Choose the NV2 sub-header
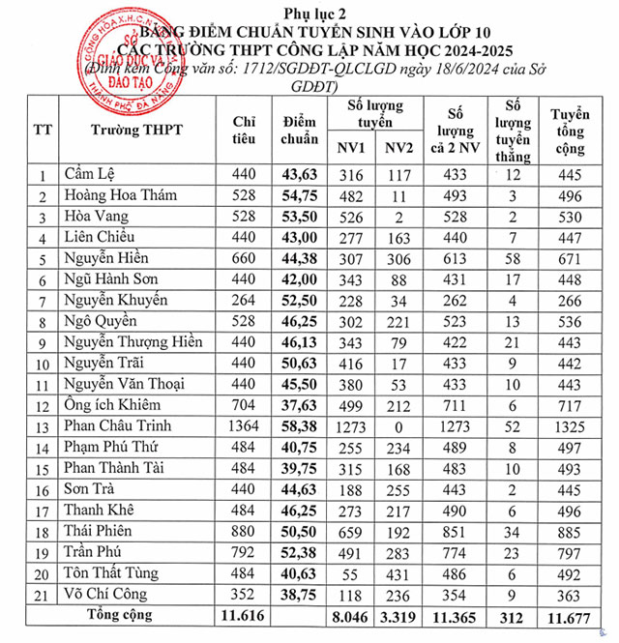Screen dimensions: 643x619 (x=398, y=149)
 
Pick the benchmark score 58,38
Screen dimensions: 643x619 (x=300, y=426)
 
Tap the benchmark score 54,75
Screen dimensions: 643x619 (x=300, y=196)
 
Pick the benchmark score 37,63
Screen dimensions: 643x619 (x=300, y=404)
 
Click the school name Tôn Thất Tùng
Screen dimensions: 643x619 (x=112, y=573)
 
